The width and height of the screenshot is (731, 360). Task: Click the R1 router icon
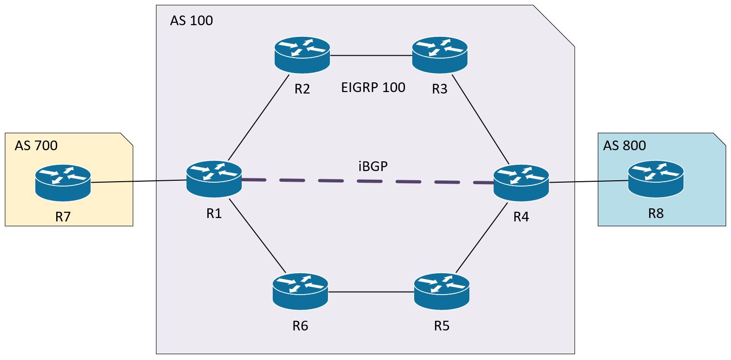(x=214, y=178)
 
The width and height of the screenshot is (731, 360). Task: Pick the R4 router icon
(x=521, y=183)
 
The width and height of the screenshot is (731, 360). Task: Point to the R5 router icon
(x=442, y=291)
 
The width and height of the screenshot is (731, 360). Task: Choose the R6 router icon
(x=300, y=291)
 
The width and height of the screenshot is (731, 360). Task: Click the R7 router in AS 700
(x=63, y=183)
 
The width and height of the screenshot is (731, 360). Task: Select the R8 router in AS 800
(x=656, y=179)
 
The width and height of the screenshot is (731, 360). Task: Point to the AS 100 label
(x=191, y=21)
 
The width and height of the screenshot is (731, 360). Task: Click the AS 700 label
(x=36, y=145)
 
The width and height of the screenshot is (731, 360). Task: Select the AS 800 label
(x=624, y=145)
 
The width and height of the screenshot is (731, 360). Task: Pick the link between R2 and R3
(x=371, y=55)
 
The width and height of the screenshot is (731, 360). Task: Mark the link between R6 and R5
(x=371, y=292)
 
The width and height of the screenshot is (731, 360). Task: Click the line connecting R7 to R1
(x=139, y=182)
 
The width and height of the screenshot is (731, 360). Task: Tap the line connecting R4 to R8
(x=589, y=182)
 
